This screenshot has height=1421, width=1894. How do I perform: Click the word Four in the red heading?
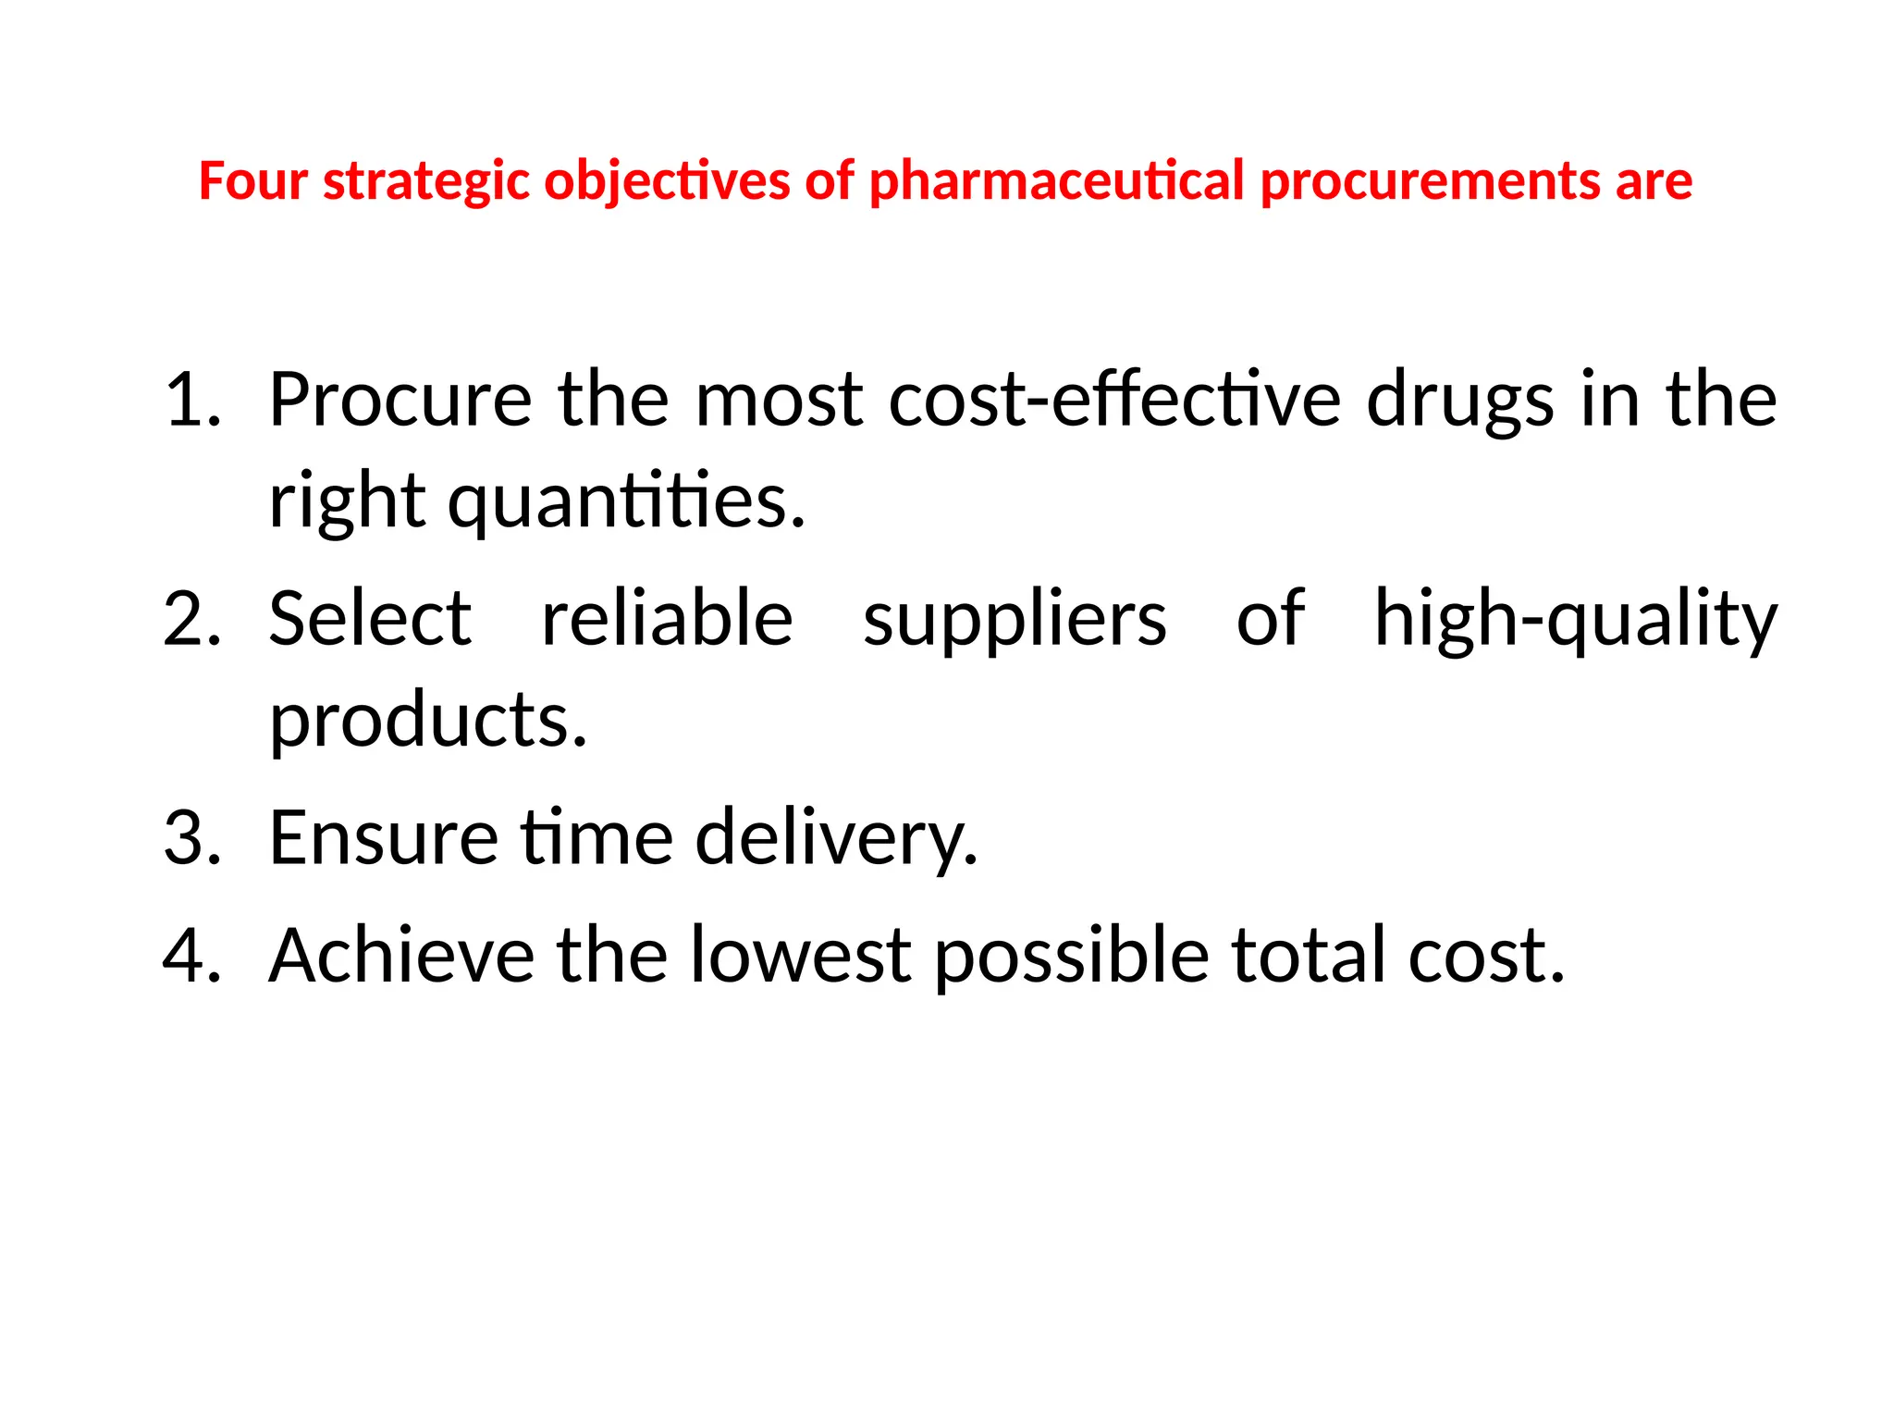click(252, 180)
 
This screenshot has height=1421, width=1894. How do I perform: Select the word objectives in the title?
click(667, 180)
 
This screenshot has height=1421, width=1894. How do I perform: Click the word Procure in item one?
click(400, 400)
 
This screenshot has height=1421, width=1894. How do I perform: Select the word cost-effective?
click(1114, 400)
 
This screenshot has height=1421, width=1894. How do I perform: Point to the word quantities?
click(627, 503)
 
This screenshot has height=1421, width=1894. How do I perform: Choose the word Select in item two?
click(370, 619)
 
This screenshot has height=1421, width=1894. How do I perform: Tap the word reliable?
click(667, 619)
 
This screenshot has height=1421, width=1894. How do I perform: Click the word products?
click(427, 722)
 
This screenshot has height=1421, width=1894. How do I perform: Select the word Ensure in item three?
click(384, 838)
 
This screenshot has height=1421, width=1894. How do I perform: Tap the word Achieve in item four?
click(401, 956)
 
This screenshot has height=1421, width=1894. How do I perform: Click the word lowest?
click(801, 956)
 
